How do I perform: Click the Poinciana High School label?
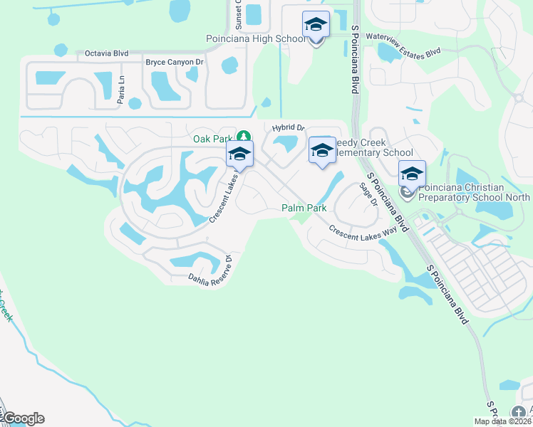click(x=255, y=39)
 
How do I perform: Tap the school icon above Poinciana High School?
click(x=316, y=26)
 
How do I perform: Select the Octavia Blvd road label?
click(x=106, y=53)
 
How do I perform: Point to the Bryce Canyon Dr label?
click(x=175, y=63)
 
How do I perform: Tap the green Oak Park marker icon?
click(x=243, y=136)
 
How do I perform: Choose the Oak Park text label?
click(x=213, y=139)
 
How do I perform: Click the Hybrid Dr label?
click(x=288, y=128)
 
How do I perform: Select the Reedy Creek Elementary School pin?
click(x=322, y=150)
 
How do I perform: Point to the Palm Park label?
click(x=304, y=209)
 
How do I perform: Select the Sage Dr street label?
click(x=368, y=193)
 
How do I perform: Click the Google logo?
click(x=23, y=418)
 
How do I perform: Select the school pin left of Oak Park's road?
click(x=239, y=154)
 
